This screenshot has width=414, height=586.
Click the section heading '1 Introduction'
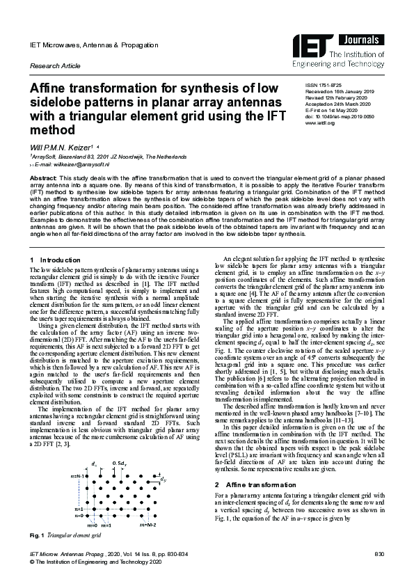coord(56,260)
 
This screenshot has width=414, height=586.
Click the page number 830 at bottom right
coord(379,554)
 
